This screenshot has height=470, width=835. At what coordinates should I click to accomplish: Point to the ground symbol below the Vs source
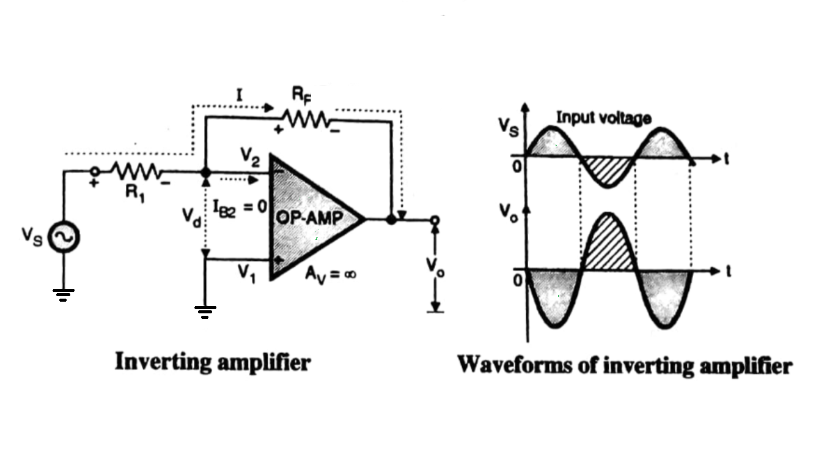tap(64, 295)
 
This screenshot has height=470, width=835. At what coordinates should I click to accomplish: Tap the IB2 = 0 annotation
tap(240, 206)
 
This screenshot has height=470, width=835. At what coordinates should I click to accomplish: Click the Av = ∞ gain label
tap(331, 274)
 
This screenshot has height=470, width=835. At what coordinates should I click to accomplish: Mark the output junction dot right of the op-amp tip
tap(391, 219)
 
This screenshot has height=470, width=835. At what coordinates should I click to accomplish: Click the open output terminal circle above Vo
tap(435, 220)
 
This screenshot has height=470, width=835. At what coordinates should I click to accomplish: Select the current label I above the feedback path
tap(240, 95)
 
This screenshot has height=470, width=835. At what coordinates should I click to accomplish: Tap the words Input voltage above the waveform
tap(603, 118)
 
